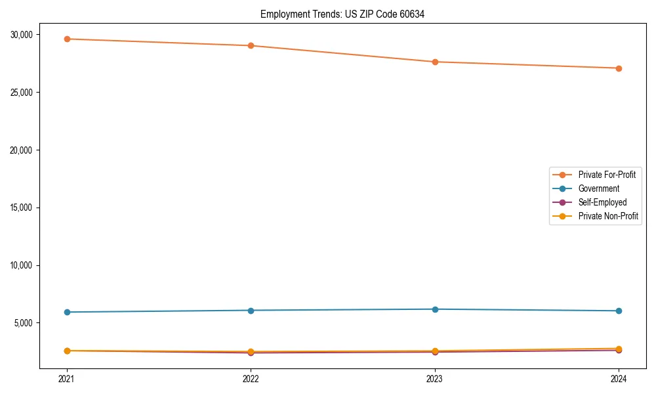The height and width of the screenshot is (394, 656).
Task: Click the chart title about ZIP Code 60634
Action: [x=342, y=14]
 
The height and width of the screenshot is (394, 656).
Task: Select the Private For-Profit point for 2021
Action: [x=67, y=39]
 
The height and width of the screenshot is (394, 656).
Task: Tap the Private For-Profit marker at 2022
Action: [x=251, y=45]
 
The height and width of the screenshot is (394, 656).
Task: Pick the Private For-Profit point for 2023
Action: [x=435, y=62]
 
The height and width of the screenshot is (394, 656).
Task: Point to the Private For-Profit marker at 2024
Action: [x=619, y=68]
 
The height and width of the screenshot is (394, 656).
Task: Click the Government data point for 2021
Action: [x=67, y=312]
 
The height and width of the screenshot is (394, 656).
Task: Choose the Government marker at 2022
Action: [x=251, y=310]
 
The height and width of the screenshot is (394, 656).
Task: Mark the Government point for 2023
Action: [x=435, y=309]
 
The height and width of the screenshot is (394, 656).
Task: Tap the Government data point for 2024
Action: [x=619, y=311]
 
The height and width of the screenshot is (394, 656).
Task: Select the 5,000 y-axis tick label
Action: [x=27, y=323]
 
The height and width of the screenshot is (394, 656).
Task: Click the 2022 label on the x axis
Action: [x=251, y=378]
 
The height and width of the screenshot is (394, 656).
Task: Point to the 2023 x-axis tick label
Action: [x=435, y=378]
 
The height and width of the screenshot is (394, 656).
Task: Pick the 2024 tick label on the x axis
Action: [x=619, y=378]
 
